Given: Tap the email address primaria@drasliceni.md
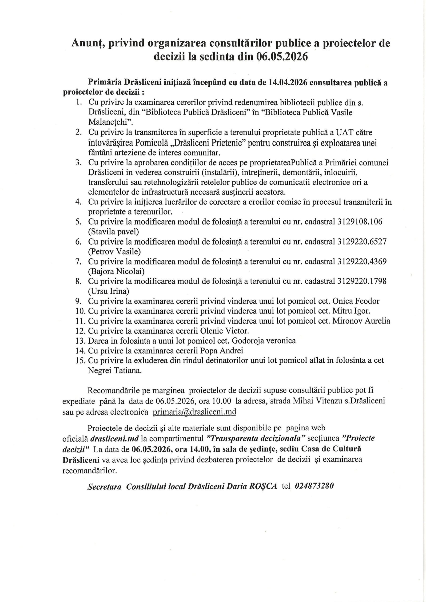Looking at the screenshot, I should pyautogui.click(x=194, y=412).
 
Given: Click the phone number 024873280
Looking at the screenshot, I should pyautogui.click(x=314, y=486).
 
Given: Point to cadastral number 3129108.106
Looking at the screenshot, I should pyautogui.click(x=360, y=222).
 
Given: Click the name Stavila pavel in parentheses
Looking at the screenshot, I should pyautogui.click(x=114, y=232).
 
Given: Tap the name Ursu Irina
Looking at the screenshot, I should pyautogui.click(x=109, y=291).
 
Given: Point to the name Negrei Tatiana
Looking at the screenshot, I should pyautogui.click(x=115, y=370).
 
